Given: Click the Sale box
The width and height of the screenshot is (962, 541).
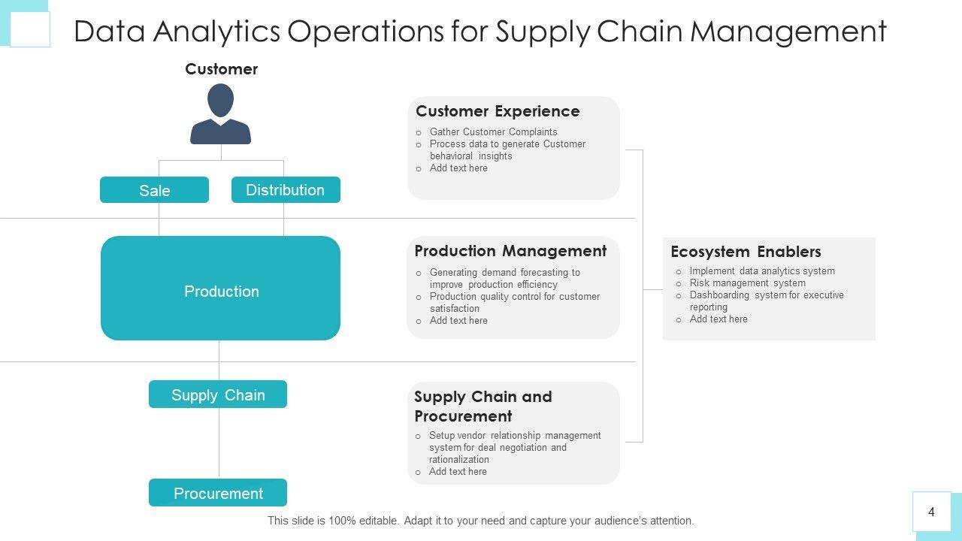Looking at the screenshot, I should pyautogui.click(x=154, y=190).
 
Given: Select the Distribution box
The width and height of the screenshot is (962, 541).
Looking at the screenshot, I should pyautogui.click(x=286, y=190).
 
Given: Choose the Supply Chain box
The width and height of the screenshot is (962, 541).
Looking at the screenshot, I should pyautogui.click(x=218, y=394).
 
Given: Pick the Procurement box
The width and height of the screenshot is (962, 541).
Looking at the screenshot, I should pyautogui.click(x=218, y=493).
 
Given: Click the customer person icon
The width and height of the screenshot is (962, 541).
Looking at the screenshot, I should pyautogui.click(x=220, y=113).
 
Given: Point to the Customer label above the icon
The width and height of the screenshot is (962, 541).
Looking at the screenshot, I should pyautogui.click(x=221, y=69).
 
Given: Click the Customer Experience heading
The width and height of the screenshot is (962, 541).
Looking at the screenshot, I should pyautogui.click(x=498, y=111).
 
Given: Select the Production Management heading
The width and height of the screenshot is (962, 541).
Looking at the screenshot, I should pyautogui.click(x=510, y=251).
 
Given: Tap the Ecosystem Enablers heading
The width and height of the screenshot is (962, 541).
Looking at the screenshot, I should pyautogui.click(x=746, y=252).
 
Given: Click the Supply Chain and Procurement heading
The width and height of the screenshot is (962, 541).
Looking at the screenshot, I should pyautogui.click(x=483, y=406).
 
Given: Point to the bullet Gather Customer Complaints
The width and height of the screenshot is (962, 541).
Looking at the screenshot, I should pyautogui.click(x=493, y=132).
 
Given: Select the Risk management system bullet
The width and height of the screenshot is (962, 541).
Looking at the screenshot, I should pyautogui.click(x=747, y=283).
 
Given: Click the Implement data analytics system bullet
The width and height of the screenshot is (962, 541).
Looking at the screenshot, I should pyautogui.click(x=762, y=271).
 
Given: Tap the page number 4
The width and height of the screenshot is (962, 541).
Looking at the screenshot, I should pyautogui.click(x=931, y=512).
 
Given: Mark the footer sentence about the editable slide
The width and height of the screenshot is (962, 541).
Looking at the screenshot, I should pyautogui.click(x=481, y=521).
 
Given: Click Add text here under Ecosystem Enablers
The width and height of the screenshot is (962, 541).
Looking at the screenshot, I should pyautogui.click(x=718, y=319).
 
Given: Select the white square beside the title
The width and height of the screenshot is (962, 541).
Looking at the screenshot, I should pyautogui.click(x=30, y=30).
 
